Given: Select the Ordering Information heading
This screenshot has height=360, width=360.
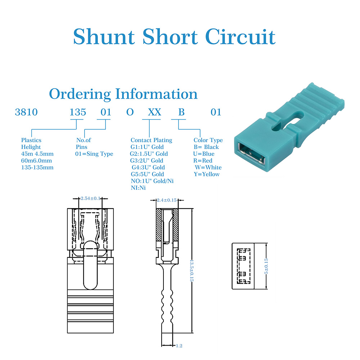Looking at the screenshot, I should pos(123,94).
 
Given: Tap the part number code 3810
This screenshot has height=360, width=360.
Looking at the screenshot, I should pos(26,112).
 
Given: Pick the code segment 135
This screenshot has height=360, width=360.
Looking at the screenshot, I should pos(78,112).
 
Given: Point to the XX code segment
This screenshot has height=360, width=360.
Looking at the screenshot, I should pos(155,112).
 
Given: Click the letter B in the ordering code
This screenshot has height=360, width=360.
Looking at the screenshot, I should pos(182,112).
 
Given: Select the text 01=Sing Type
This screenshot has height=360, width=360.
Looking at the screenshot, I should pos(95,154).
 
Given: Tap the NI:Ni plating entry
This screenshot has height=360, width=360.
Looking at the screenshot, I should pos(139,188).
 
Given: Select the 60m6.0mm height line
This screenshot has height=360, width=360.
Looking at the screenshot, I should pos(36,161).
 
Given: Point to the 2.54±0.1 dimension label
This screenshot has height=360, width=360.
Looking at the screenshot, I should pos(90,198).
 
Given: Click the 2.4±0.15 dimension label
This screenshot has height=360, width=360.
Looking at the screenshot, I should pos(167,200).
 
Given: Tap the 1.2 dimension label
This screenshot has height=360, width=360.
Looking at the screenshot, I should pos(179,346).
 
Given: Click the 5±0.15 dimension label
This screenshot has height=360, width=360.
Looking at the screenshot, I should pos(267,266).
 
